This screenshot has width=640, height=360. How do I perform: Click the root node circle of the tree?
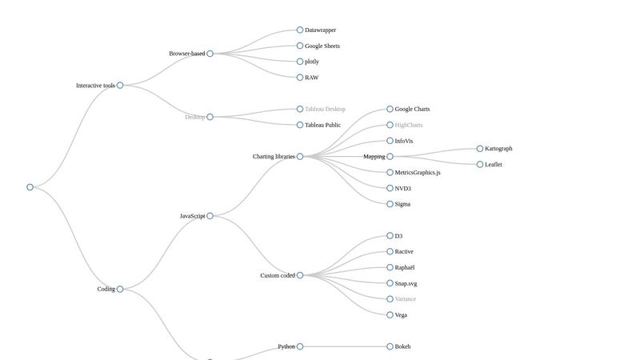(x=30, y=187)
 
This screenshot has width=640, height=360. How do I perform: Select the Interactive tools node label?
(x=95, y=86)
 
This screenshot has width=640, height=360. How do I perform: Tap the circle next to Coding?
(x=120, y=289)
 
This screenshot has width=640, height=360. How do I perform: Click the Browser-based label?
(x=186, y=54)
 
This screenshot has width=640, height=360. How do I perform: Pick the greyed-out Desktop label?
(x=194, y=117)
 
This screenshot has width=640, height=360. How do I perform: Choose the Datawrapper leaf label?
(x=320, y=30)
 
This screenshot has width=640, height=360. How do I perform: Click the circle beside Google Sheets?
(x=300, y=46)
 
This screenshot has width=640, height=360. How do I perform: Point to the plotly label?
(x=312, y=62)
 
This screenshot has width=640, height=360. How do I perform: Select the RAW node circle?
(x=300, y=78)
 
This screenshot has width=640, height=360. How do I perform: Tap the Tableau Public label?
(x=322, y=125)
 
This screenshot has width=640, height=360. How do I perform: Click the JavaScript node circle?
(x=210, y=216)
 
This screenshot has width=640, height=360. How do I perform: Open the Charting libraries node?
(x=274, y=157)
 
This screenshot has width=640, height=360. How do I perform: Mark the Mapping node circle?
(x=390, y=157)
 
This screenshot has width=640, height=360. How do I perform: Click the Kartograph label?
(x=498, y=149)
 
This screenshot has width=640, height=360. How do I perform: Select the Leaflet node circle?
(x=480, y=164)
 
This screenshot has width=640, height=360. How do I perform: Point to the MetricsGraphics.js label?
(x=418, y=173)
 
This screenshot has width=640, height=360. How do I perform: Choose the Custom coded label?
(x=278, y=275)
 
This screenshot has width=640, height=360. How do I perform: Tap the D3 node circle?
(x=390, y=236)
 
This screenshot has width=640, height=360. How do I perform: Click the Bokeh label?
(x=402, y=346)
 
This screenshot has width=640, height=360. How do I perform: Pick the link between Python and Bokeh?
(x=344, y=346)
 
